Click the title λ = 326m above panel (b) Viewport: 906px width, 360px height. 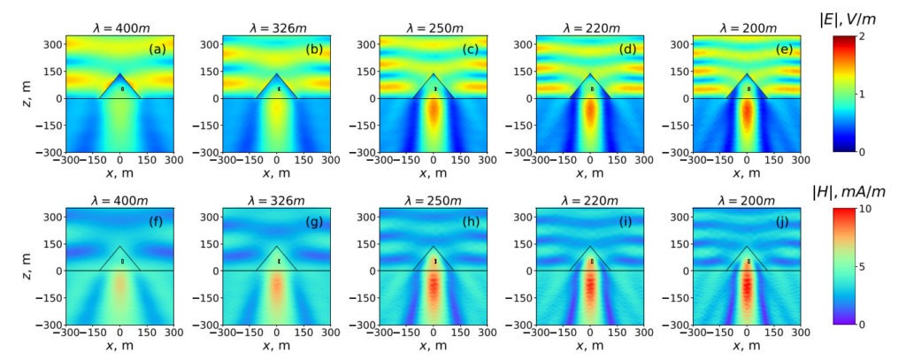point(278,27)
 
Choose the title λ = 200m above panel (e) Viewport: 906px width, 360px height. point(748,27)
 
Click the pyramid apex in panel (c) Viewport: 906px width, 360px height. point(434,73)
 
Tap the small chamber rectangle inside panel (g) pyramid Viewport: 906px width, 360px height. point(279,262)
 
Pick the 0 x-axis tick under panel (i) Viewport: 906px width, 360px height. point(591,335)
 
